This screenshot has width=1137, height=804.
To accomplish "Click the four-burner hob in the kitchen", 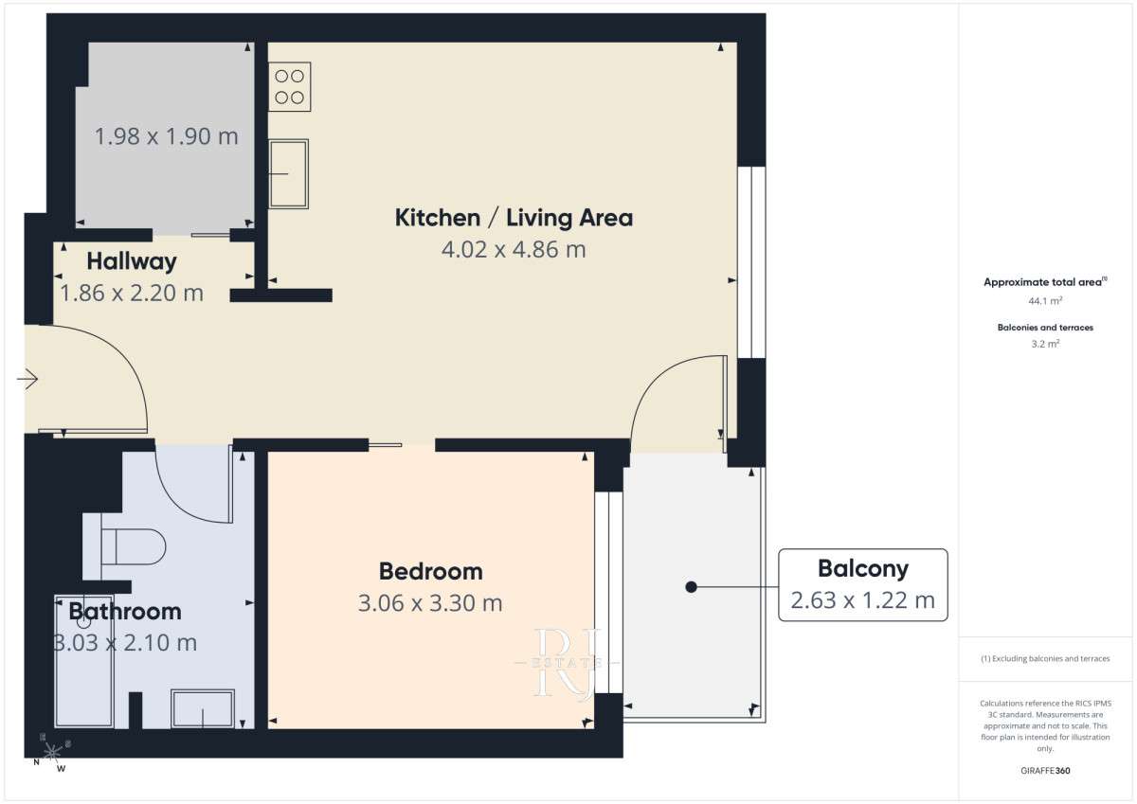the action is click(289, 87).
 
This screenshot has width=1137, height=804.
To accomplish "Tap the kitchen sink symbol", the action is click(288, 174).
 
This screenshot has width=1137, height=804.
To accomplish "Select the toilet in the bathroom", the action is click(134, 546).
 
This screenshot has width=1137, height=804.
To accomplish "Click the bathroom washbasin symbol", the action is click(203, 708).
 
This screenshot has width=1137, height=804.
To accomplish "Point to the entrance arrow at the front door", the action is click(27, 379).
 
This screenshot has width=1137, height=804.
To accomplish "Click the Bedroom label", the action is click(431, 572).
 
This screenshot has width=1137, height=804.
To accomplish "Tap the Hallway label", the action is click(132, 261).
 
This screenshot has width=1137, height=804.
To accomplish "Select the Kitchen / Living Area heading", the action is click(514, 218).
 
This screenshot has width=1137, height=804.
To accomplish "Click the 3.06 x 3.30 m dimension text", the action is click(430, 603).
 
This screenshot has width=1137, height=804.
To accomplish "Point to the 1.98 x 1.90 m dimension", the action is click(167, 136).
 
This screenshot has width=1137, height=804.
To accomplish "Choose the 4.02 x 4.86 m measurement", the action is click(514, 250).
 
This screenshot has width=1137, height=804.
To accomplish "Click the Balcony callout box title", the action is click(863, 568).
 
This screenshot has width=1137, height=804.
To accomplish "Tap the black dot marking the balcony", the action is click(691, 587).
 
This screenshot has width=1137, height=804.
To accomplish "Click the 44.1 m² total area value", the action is click(1045, 301).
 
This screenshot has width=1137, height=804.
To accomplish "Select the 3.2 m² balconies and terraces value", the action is click(1045, 344).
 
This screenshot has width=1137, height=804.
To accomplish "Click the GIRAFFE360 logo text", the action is click(1045, 771).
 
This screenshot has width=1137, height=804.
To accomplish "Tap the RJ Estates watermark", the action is click(568, 663).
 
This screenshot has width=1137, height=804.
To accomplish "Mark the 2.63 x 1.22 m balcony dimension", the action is click(862, 600).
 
